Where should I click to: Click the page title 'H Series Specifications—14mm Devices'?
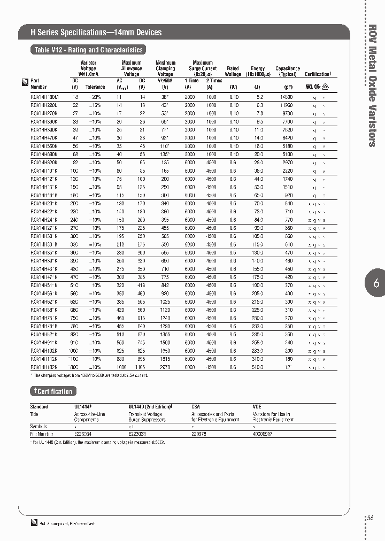(96, 33)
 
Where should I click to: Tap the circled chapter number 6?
(376, 284)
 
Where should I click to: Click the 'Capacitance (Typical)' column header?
(288, 72)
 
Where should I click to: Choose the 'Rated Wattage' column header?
(233, 72)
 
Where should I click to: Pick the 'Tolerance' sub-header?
(96, 87)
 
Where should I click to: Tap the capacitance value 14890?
(286, 97)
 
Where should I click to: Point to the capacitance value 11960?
(286, 106)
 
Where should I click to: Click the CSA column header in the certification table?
(196, 407)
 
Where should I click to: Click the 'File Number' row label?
(41, 434)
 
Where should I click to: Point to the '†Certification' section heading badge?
(52, 392)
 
